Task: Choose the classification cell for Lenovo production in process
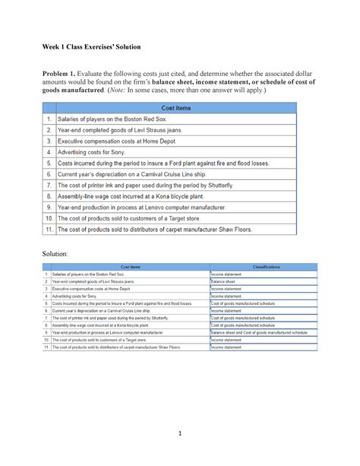click(258, 332)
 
